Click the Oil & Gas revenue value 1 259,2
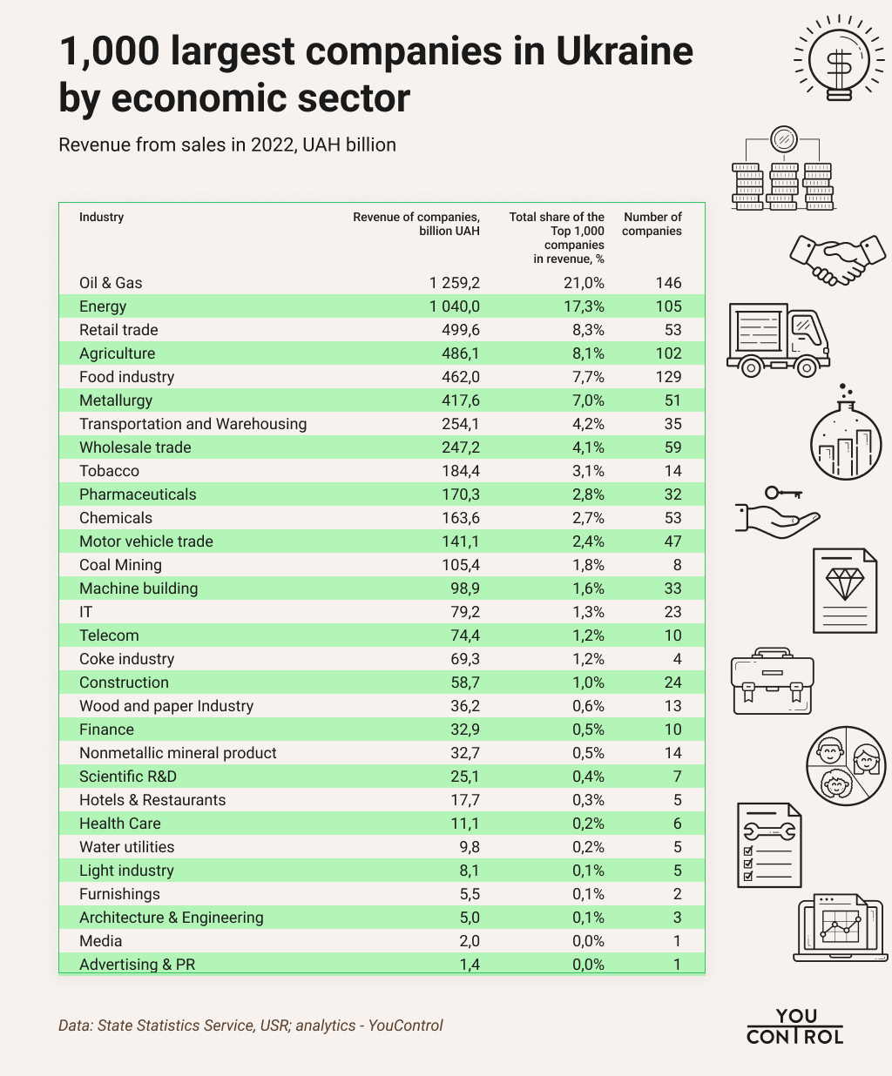[454, 283]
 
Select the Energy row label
[103, 306]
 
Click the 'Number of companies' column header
[652, 224]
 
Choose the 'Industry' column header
[101, 217]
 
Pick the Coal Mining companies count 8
[677, 565]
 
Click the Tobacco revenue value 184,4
[461, 471]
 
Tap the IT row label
[85, 612]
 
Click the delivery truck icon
[777, 340]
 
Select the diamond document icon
[844, 589]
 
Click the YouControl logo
[794, 1026]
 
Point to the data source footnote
[250, 1026]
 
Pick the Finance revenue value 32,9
[463, 730]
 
